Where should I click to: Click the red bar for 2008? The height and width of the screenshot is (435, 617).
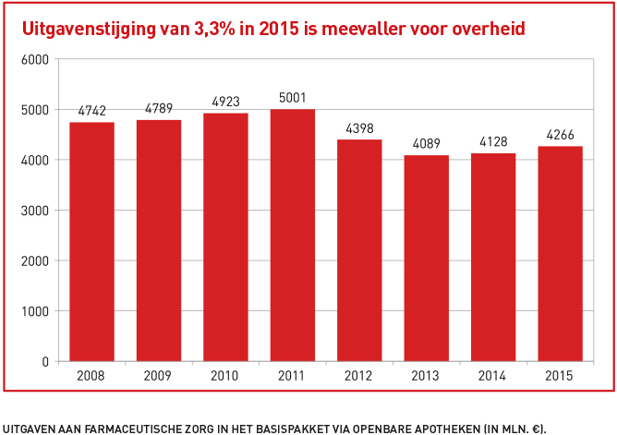[x=91, y=241]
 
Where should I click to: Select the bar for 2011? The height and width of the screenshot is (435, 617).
[x=292, y=235]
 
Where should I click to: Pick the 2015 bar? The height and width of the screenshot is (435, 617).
[x=560, y=253]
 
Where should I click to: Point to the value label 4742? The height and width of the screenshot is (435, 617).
[x=91, y=110]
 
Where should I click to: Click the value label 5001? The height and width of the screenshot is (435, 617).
[x=292, y=97]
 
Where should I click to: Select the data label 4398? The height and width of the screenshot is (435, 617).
[x=359, y=127]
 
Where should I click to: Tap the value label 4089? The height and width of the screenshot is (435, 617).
[x=426, y=143]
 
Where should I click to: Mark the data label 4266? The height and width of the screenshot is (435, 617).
[x=560, y=134]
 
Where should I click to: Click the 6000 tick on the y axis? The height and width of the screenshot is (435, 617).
[x=33, y=59]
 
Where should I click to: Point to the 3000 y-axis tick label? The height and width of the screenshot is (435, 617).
[x=33, y=211]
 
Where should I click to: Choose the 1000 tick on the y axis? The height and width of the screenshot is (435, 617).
[x=33, y=311]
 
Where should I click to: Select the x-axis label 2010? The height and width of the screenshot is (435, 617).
[x=225, y=376]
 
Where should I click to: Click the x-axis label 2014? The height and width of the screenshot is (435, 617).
[x=493, y=376]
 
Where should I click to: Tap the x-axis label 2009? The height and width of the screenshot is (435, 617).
[x=159, y=376]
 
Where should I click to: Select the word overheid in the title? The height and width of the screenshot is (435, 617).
[x=491, y=29]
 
